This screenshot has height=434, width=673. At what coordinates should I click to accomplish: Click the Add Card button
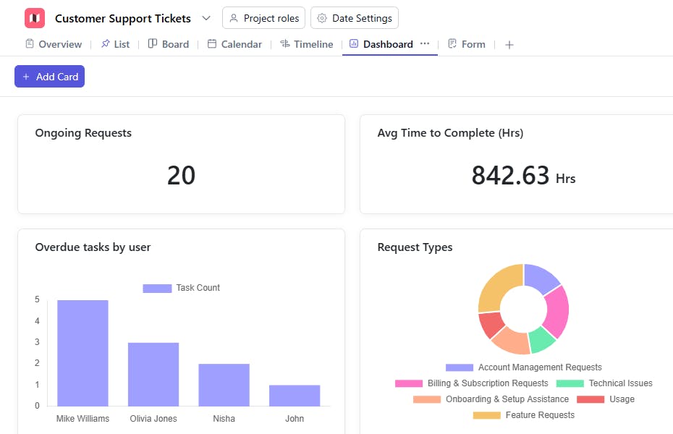49,77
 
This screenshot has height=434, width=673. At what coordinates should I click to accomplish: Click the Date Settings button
354,18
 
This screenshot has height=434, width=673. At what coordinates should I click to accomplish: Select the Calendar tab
234,44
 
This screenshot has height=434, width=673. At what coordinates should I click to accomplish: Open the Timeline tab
306,44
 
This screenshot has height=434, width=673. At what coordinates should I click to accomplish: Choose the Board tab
169,44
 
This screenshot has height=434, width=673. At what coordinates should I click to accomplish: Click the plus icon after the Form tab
509,45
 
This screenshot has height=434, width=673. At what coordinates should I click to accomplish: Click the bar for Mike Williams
82,353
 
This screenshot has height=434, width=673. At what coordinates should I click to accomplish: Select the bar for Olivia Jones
153,374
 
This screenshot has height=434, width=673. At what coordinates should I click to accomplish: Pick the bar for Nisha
224,385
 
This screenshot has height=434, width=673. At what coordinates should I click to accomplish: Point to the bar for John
295,395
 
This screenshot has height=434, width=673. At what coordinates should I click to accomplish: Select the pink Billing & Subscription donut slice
556,311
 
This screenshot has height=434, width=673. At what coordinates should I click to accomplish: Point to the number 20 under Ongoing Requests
181,176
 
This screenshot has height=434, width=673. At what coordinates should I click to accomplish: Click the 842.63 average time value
511,176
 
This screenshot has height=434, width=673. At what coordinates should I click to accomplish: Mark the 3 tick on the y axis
38,342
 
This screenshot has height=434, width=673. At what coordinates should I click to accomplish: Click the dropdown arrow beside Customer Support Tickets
206,18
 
